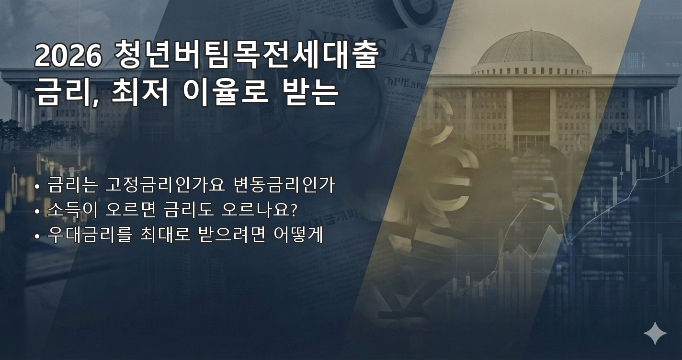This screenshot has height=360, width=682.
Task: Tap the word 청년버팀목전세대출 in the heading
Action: coord(247,56)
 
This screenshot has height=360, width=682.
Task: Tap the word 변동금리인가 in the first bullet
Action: coord(284,185)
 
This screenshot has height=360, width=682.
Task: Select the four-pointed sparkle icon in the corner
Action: coord(655,333)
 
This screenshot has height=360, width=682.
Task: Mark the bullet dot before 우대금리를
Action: coord(37,236)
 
